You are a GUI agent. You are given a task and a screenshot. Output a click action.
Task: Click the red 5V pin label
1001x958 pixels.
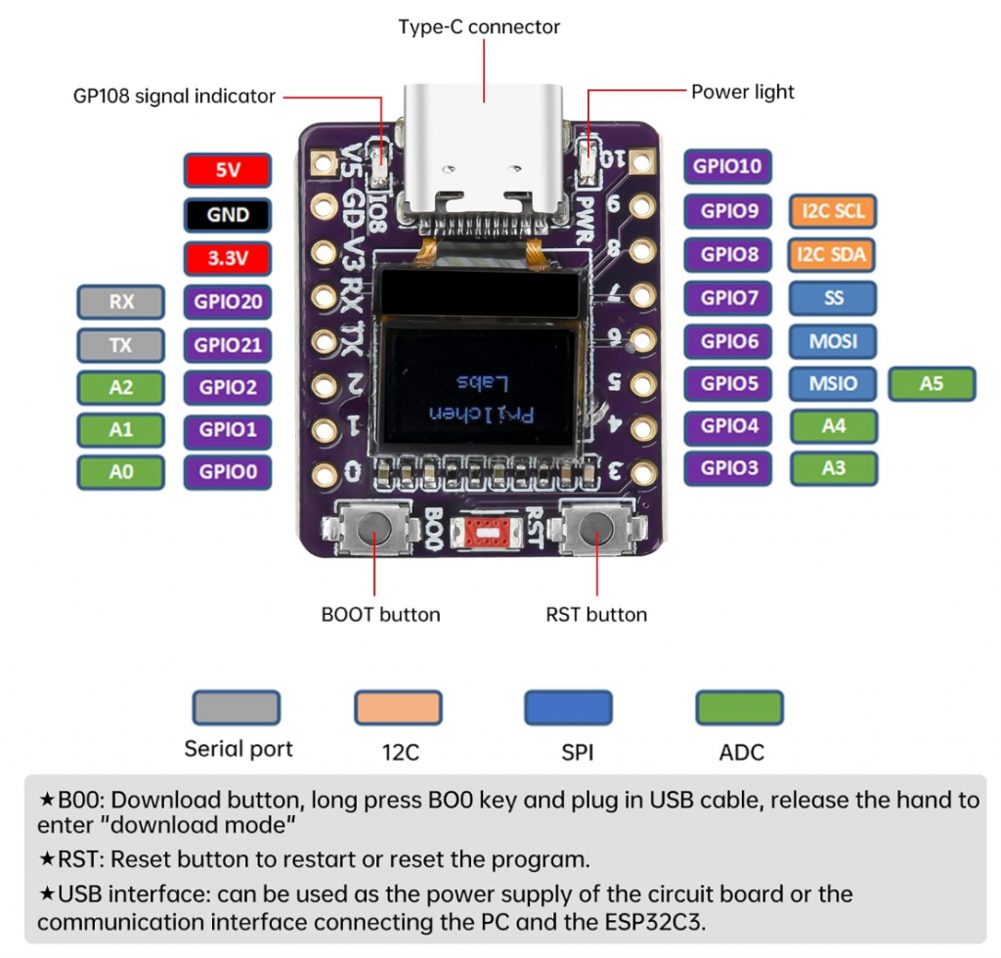point(227,171)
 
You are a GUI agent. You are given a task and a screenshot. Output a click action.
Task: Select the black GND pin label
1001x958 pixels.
point(227,214)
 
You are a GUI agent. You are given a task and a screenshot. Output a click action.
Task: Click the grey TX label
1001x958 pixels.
point(120,345)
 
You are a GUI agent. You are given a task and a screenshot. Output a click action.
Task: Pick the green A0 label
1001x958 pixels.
point(120,472)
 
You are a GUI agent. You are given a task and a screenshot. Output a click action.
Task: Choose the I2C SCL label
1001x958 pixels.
point(833,211)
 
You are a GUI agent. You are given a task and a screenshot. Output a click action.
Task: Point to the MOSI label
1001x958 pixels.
point(833,341)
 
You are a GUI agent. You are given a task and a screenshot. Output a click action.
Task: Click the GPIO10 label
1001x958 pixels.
point(727,166)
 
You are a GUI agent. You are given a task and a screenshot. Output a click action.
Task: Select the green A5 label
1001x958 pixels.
point(932,384)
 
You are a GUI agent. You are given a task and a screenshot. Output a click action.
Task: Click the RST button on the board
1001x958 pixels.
point(592,531)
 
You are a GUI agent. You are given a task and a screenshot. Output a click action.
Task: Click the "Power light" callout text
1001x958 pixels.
point(743,92)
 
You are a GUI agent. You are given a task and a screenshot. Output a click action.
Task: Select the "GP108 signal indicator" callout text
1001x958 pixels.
point(174,96)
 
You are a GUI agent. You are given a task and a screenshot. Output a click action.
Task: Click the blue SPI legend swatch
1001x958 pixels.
point(568,708)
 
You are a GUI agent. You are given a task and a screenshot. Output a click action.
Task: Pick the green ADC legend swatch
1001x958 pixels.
point(739,708)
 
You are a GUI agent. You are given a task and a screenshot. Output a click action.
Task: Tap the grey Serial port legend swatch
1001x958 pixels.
point(236,708)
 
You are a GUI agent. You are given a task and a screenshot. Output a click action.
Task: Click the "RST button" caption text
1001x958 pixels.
point(595,615)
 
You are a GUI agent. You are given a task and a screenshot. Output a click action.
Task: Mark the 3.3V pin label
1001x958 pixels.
point(227,258)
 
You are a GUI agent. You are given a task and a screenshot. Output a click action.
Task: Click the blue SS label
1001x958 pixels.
point(833,297)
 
